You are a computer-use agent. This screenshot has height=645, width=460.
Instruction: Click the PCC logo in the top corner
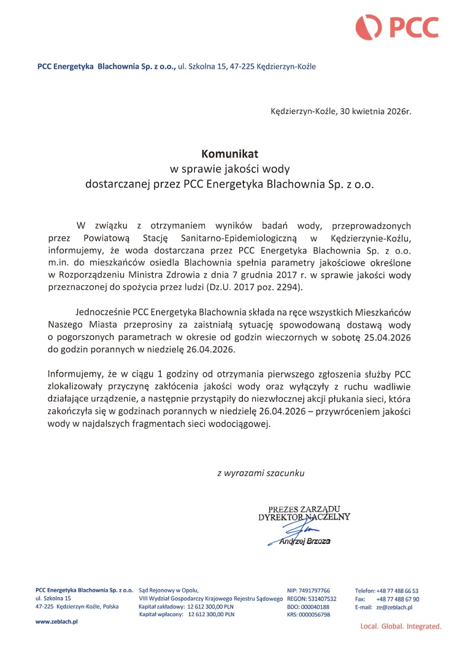coord(397,26)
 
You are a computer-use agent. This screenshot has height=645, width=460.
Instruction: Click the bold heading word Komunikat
coord(230,153)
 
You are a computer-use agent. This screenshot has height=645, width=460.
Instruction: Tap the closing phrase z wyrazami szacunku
coord(261,473)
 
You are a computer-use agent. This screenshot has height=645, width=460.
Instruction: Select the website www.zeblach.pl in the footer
coord(55,621)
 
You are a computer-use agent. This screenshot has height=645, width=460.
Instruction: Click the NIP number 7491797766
coord(313,590)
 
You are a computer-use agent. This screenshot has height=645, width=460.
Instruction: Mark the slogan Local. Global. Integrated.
coord(401,627)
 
